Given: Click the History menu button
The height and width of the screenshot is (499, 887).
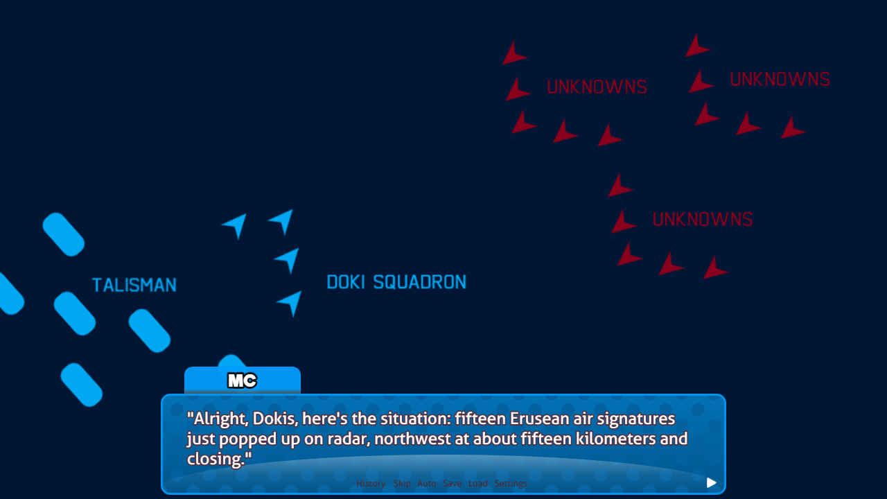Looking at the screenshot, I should point(371,484).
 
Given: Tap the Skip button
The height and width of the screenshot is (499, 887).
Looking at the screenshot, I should point(402,484).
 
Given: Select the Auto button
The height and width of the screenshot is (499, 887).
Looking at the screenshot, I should point(427,484).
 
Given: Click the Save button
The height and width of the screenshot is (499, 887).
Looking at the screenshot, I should point(452,484).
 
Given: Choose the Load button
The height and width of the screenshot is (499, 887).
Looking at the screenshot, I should point(478,484).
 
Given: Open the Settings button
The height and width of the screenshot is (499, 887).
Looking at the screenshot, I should point(511,484).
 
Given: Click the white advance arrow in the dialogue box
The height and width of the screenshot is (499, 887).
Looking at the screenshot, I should point(711,483).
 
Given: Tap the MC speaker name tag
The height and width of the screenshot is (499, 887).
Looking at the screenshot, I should point(243,380).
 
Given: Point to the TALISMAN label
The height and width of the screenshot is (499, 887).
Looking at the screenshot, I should point(134,285).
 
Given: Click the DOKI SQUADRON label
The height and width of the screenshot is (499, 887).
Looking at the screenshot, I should point(396,282).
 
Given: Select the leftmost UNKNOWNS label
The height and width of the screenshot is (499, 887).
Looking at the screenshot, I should point(597,87).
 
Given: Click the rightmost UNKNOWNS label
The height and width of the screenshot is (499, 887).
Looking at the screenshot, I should point(780,80).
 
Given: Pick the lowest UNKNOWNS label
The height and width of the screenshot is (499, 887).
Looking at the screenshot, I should point(702,220).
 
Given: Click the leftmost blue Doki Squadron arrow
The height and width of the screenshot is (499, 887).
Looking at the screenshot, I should point(236,225).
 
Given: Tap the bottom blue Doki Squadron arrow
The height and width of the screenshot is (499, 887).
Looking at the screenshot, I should point(291,302).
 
